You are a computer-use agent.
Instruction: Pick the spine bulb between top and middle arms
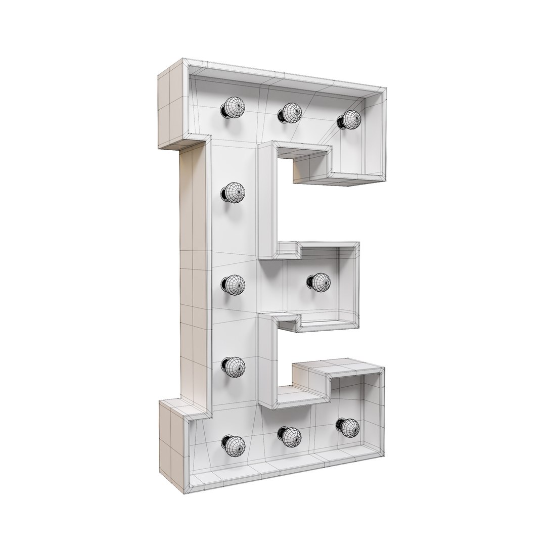[233, 192]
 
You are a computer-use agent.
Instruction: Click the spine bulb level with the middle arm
[233, 284]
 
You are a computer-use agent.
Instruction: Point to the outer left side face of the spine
[194, 278]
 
